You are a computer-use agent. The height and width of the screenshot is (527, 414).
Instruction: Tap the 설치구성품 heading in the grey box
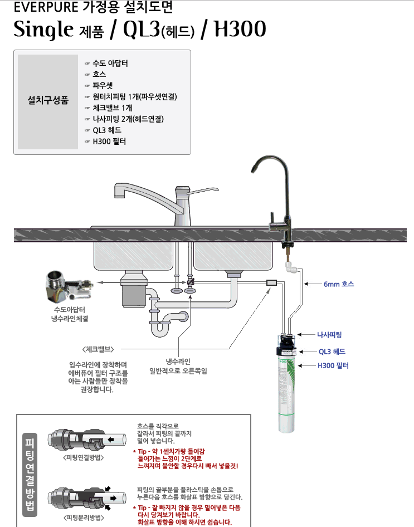coord(48,101)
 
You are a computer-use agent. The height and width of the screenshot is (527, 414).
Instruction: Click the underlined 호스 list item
coord(99,74)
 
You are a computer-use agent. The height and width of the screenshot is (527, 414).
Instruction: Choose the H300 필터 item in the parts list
coord(109,141)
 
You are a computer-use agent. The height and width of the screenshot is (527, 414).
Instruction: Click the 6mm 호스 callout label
coord(338,284)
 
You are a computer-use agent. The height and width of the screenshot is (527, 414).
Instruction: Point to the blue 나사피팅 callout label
coord(329,334)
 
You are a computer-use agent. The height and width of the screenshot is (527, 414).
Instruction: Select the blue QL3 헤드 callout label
coord(332,352)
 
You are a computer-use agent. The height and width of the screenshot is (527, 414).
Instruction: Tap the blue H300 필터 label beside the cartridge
coord(333,365)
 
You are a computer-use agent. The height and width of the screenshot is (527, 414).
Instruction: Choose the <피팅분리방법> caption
coord(84,517)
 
